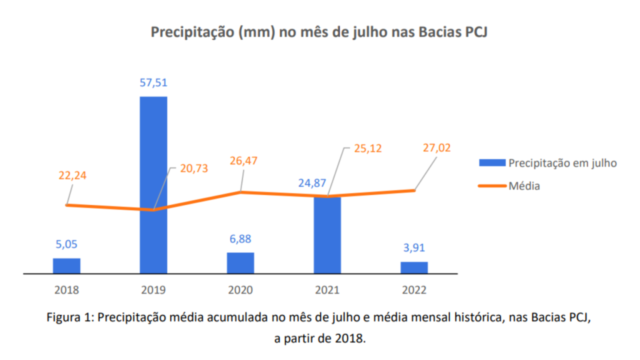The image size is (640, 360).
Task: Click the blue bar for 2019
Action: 153,185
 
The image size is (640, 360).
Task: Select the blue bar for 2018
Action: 66,266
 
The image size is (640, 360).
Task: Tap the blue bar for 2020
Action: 240,263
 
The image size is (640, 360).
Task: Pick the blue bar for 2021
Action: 327,235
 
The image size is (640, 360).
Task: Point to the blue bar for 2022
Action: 414,267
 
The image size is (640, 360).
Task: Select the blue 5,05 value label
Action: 66,244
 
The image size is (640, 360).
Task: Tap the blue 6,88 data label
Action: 240,239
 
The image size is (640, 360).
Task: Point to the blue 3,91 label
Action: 414,248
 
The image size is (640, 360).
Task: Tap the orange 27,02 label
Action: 436,148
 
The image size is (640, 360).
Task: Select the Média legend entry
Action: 524,186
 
